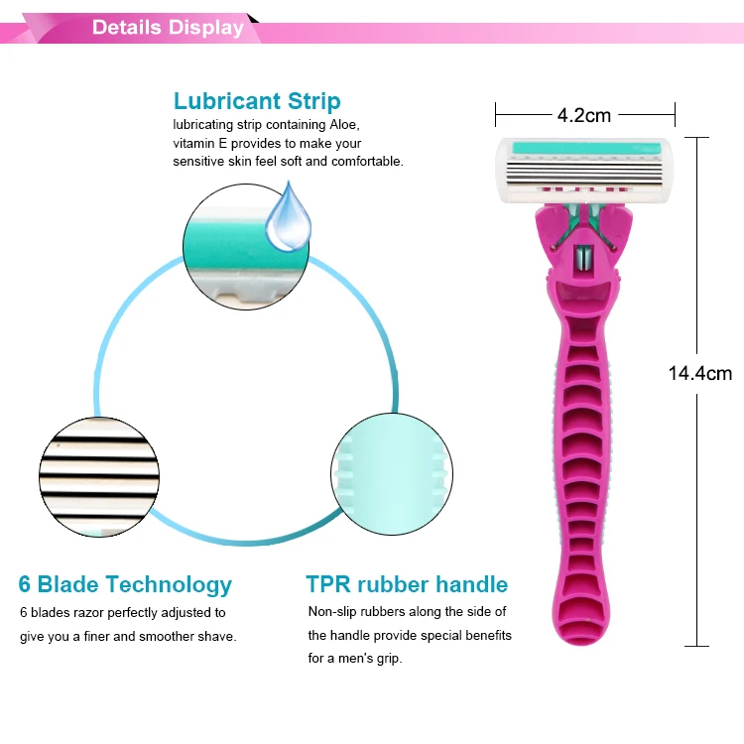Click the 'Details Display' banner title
[x=168, y=27]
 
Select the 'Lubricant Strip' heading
[x=257, y=101]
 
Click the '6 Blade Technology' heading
[x=125, y=584]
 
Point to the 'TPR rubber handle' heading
[x=407, y=584]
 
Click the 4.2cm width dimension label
[x=584, y=114]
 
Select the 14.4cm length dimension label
[x=700, y=374]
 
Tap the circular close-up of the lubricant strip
[x=247, y=245]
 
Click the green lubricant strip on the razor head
[x=584, y=148]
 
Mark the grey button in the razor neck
[x=585, y=260]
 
